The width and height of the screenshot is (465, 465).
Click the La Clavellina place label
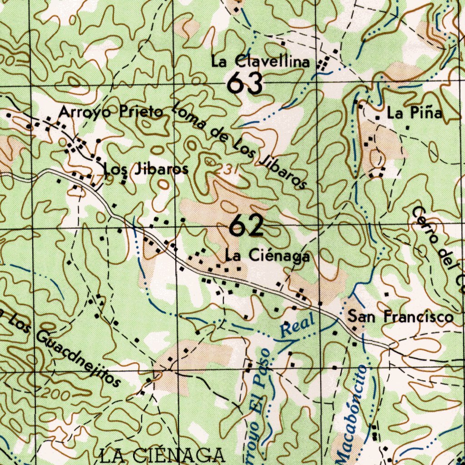click(260, 62)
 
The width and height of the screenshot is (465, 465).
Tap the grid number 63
click(246, 83)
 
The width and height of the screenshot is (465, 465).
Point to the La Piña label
click(414, 113)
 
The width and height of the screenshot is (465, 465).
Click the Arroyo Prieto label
click(111, 112)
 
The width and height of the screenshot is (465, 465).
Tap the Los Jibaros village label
click(146, 169)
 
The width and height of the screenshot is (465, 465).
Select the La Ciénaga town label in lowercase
click(268, 256)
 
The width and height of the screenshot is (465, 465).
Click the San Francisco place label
click(401, 316)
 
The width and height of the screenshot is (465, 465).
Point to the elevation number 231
click(226, 169)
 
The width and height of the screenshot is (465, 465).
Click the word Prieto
click(141, 112)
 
